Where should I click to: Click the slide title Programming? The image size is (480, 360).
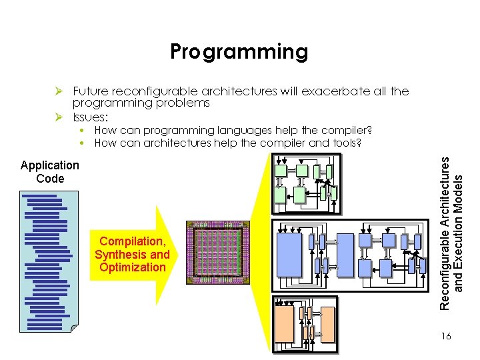(x=239, y=51)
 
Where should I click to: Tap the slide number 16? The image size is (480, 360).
(x=445, y=337)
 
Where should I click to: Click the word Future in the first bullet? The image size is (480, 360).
(x=90, y=91)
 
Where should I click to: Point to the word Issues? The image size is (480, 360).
(x=91, y=117)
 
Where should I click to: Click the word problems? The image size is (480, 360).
(x=180, y=103)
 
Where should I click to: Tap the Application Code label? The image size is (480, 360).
(x=50, y=171)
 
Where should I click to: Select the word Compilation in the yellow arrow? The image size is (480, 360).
(x=132, y=241)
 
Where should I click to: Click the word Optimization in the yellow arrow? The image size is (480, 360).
(x=132, y=267)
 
